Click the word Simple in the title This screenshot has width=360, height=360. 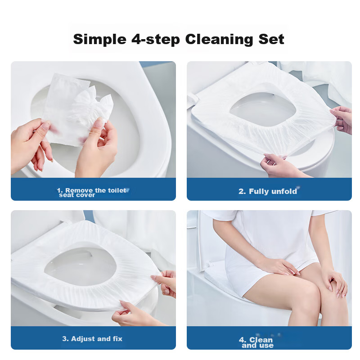tap(99, 40)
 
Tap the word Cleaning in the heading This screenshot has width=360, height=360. tap(219, 40)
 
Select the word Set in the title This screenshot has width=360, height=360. tap(271, 39)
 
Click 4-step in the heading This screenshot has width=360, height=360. tap(156, 40)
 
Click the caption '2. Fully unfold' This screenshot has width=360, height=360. tap(268, 191)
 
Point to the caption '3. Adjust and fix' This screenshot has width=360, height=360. tap(92, 339)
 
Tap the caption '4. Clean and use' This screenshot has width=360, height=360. tap(256, 342)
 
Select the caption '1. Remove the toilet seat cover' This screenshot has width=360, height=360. tap(92, 193)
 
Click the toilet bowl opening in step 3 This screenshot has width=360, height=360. tap(81, 267)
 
